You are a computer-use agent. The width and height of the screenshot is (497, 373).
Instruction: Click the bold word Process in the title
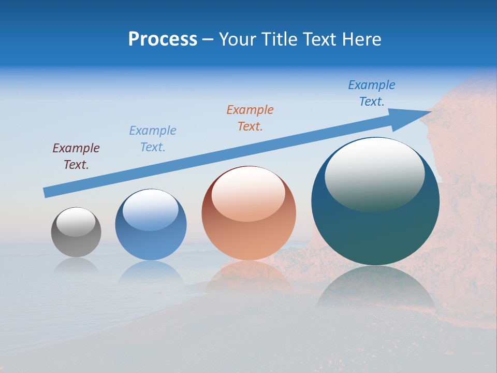[163, 39]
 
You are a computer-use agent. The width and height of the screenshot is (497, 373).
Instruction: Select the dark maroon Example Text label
[76, 156]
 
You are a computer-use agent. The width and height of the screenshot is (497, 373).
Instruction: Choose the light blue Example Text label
[153, 138]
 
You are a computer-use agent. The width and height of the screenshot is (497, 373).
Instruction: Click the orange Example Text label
[250, 118]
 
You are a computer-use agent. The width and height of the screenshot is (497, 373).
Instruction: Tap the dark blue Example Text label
[372, 93]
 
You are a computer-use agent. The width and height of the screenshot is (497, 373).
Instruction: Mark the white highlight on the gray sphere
[76, 221]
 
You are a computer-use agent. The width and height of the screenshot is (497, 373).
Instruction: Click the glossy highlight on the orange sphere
[248, 194]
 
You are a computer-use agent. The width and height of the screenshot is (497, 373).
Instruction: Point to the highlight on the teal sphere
[375, 174]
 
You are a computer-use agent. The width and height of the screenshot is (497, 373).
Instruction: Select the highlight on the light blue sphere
[151, 210]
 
